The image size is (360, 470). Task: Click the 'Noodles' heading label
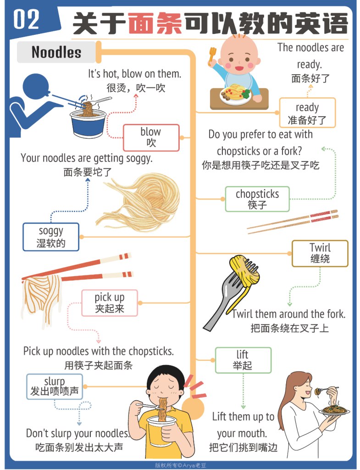click(56, 52)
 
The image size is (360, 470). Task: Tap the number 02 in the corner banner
click(27, 20)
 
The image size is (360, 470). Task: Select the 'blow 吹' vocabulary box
click(151, 137)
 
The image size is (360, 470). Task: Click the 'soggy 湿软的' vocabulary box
click(51, 237)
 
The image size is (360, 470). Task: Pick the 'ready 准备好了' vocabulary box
click(307, 113)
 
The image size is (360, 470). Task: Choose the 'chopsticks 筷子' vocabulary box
click(257, 199)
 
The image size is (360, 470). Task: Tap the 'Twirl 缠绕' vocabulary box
click(320, 253)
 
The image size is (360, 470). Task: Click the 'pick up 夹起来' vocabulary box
click(110, 303)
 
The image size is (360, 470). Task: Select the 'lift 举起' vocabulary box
click(243, 360)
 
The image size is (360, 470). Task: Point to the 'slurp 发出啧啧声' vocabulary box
click(55, 386)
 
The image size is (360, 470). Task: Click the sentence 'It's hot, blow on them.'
click(134, 74)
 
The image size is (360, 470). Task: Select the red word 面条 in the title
click(155, 24)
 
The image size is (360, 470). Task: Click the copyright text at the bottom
click(180, 464)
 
